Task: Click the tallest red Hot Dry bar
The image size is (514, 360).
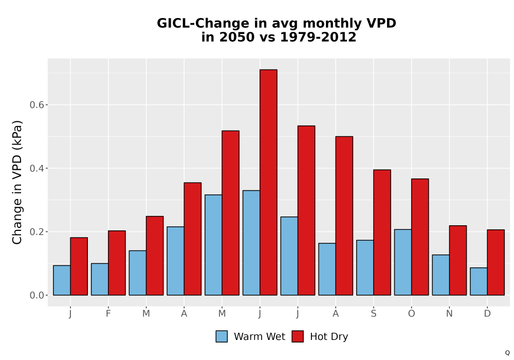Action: click(268, 182)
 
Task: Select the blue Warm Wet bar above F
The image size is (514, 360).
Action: click(100, 279)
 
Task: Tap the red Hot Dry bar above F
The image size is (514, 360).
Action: click(117, 263)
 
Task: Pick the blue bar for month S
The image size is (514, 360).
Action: click(365, 267)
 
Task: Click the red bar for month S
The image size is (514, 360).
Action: click(382, 232)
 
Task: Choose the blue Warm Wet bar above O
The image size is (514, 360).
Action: click(403, 262)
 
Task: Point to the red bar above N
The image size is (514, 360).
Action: click(458, 260)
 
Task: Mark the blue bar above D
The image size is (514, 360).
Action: click(479, 281)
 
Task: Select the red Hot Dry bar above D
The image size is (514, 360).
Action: click(495, 263)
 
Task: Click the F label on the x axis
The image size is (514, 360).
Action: click(108, 314)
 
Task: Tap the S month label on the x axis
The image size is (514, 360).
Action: click(374, 314)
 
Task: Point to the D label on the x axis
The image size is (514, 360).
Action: click(487, 314)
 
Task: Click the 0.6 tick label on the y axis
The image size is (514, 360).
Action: click(36, 105)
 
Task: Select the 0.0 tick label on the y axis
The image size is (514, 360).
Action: click(36, 295)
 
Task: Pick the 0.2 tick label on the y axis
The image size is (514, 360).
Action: click(36, 232)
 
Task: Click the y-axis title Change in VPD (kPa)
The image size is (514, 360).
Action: click(17, 182)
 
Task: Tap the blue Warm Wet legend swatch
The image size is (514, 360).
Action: click(222, 336)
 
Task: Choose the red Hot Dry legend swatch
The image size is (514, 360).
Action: click(298, 336)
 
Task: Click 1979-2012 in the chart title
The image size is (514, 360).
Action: click(318, 37)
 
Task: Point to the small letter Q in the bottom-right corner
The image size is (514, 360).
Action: click(507, 353)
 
